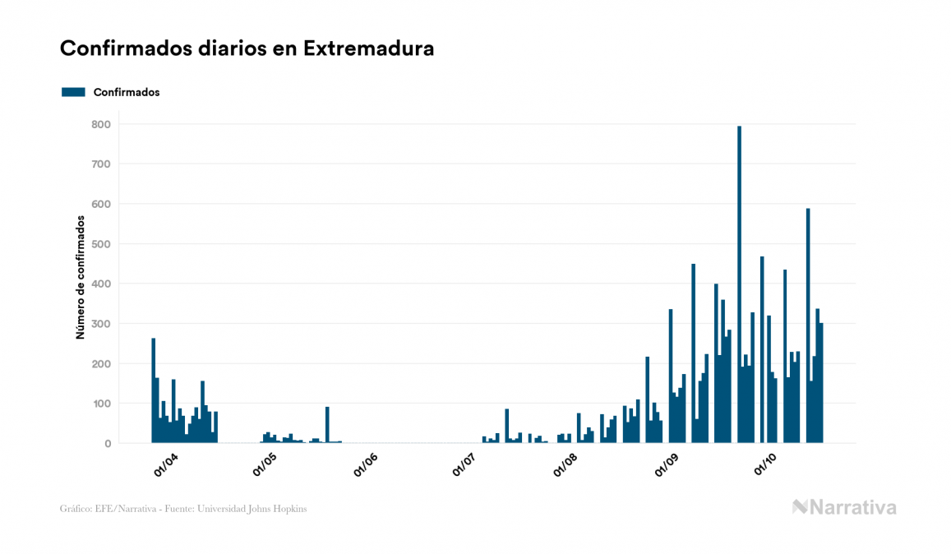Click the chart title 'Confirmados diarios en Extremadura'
click(247, 48)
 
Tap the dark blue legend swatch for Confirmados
click(74, 92)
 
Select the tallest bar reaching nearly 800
click(740, 284)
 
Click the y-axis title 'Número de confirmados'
click(81, 278)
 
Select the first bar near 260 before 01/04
click(154, 390)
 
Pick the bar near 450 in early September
click(694, 353)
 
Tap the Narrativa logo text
click(852, 507)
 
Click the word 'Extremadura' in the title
click(368, 48)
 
